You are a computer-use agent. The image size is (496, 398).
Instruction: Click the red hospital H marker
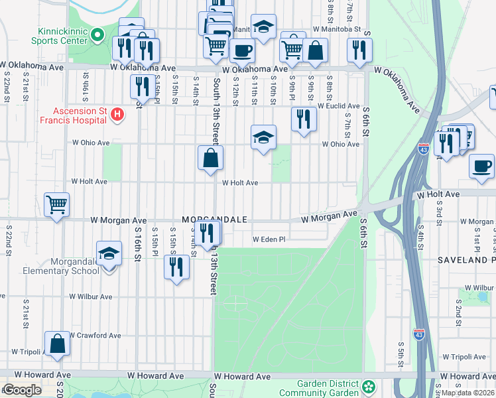[117, 114]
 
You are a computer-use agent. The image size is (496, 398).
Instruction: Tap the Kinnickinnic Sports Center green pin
[97, 34]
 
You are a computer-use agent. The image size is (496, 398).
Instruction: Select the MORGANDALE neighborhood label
[216, 220]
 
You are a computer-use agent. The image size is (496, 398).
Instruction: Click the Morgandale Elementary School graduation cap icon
[109, 253]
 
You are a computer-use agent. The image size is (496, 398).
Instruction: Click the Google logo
[22, 391]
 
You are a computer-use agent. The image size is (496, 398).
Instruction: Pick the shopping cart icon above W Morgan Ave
[56, 204]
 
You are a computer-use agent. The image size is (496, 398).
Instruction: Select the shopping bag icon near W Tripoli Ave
[58, 344]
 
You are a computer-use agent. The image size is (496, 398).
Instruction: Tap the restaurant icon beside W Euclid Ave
[304, 119]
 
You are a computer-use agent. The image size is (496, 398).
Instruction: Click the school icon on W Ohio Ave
[263, 137]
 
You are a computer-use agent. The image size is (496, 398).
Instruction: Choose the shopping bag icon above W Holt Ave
[210, 158]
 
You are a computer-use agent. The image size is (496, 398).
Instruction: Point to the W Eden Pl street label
[268, 239]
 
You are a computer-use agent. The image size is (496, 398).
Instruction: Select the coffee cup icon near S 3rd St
[481, 166]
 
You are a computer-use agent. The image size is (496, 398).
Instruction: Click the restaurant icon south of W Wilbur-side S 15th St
[176, 267]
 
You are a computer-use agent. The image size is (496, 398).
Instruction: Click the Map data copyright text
[467, 392]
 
